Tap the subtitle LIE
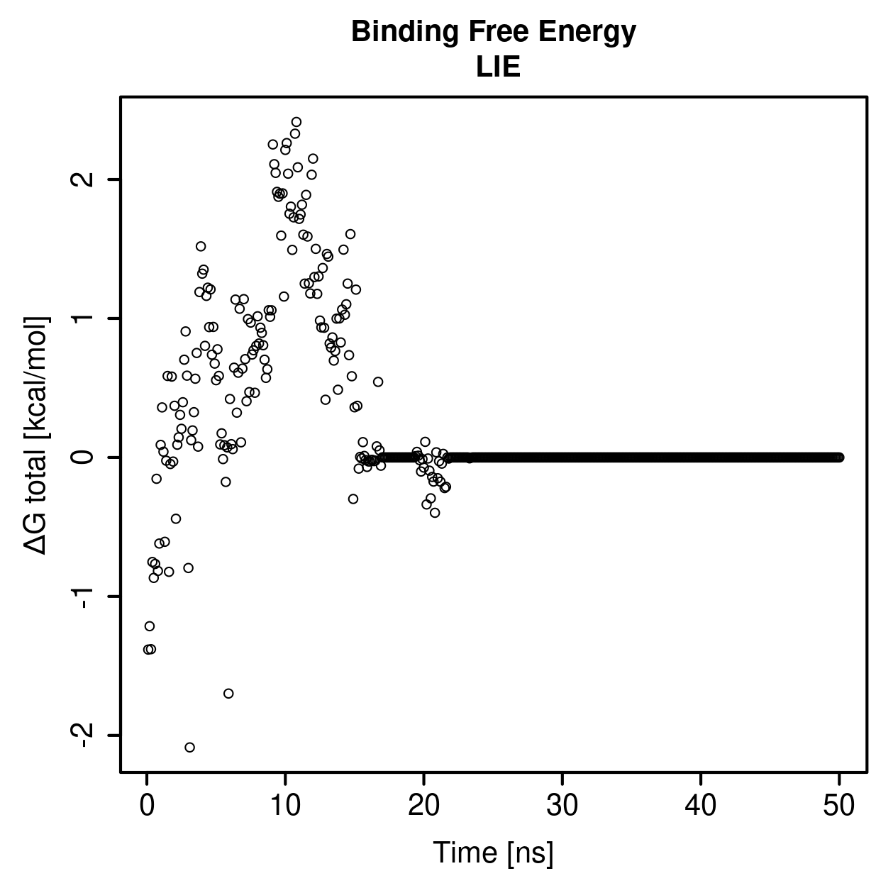[x=498, y=67]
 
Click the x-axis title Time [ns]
[x=493, y=853]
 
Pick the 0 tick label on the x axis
[x=147, y=806]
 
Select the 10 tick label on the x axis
[x=285, y=806]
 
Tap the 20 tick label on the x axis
[x=423, y=806]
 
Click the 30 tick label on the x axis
[x=562, y=806]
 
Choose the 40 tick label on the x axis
[x=701, y=806]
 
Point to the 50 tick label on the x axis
[x=839, y=806]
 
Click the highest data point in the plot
[x=296, y=122]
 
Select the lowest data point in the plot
[x=189, y=747]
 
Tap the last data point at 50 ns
[x=839, y=457]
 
